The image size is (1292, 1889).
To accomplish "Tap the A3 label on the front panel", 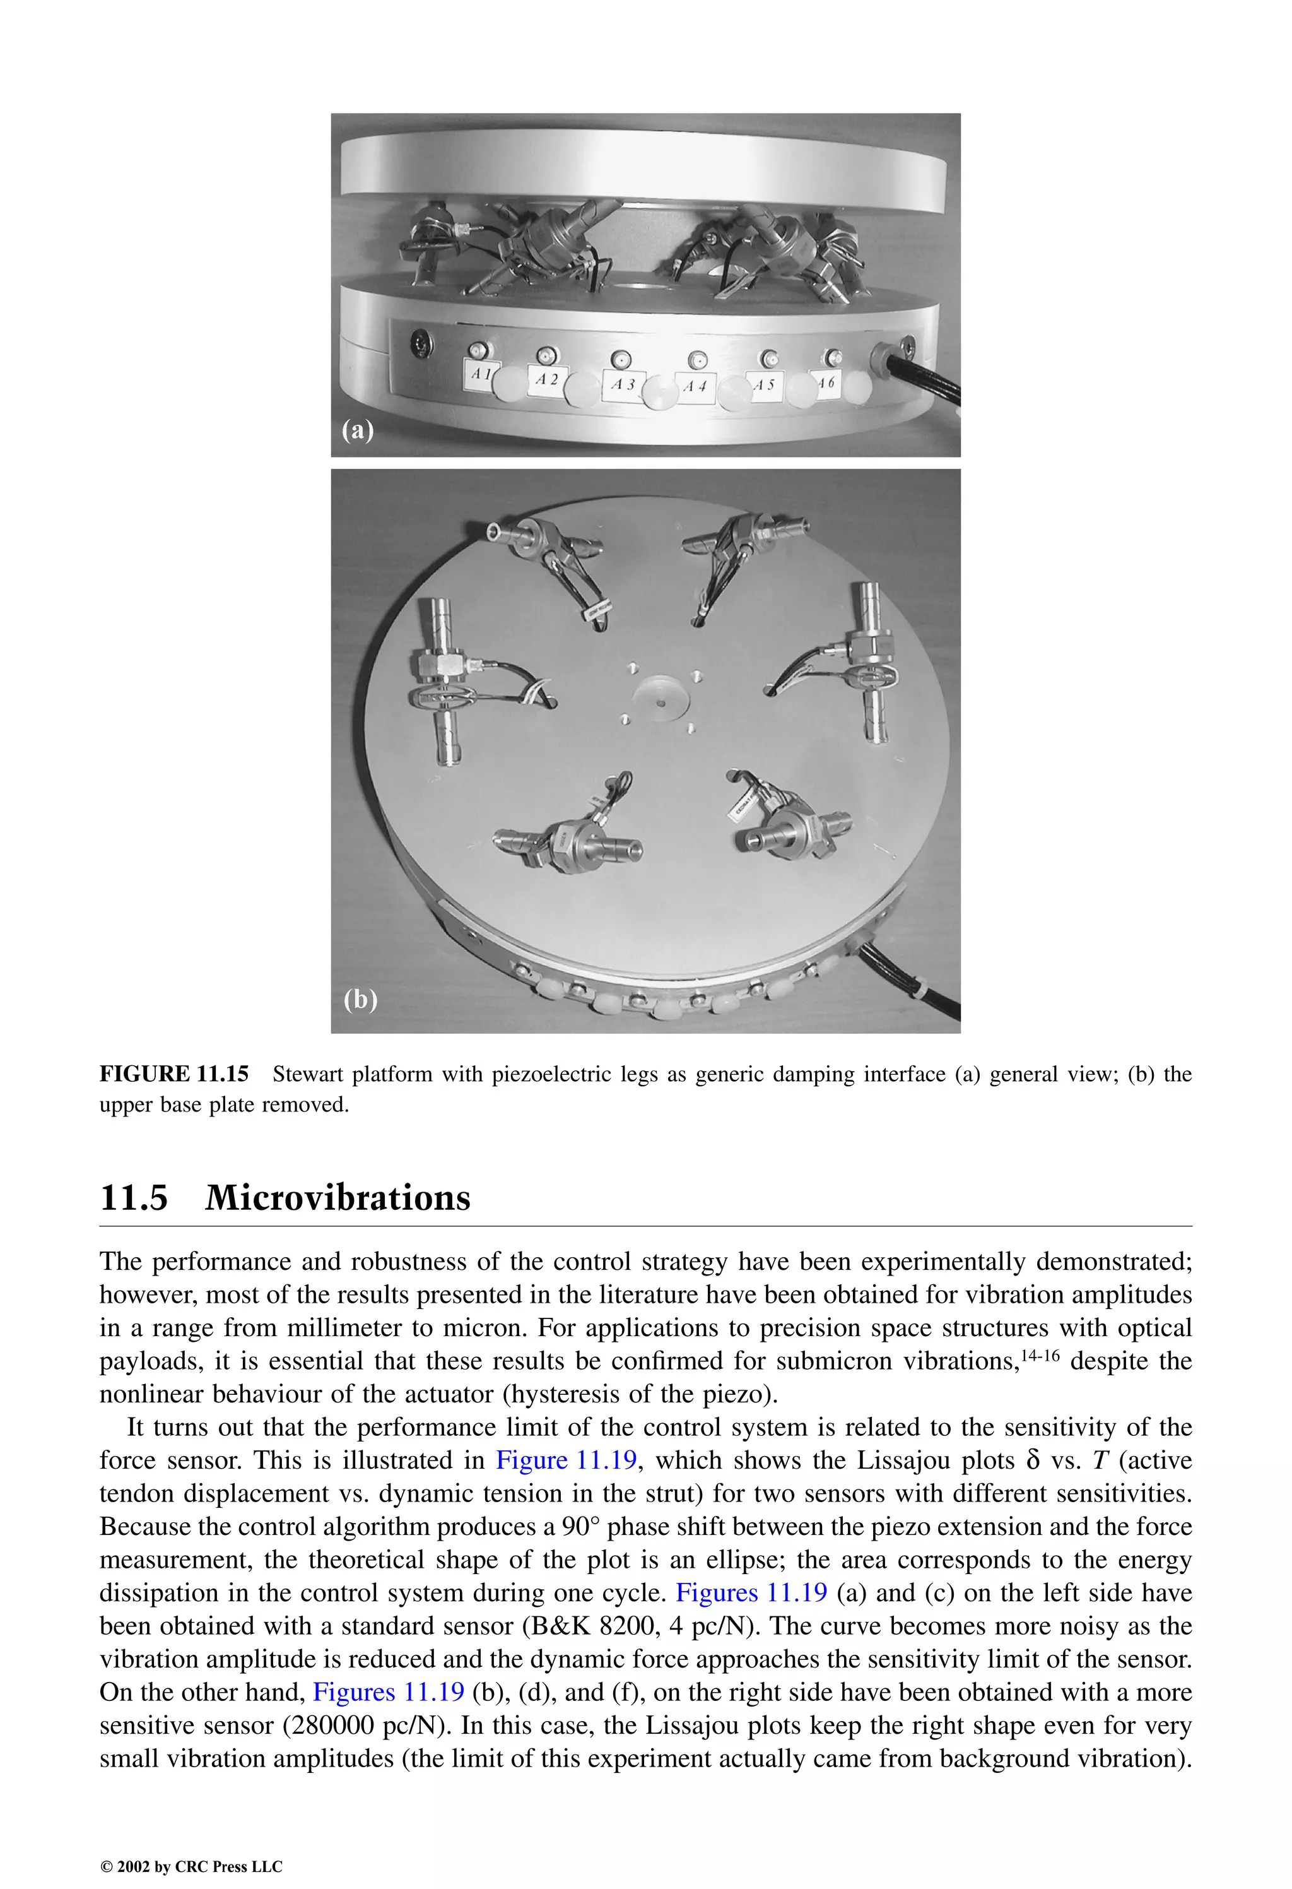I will (623, 384).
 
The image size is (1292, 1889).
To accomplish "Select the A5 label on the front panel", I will (764, 384).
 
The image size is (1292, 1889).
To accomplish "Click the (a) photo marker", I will (358, 429).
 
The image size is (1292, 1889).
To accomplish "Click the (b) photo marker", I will (360, 999).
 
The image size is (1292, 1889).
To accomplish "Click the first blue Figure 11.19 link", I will (567, 1460).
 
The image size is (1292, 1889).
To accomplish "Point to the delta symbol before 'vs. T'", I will (1033, 1460).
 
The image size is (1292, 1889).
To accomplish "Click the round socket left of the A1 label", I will (421, 342).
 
